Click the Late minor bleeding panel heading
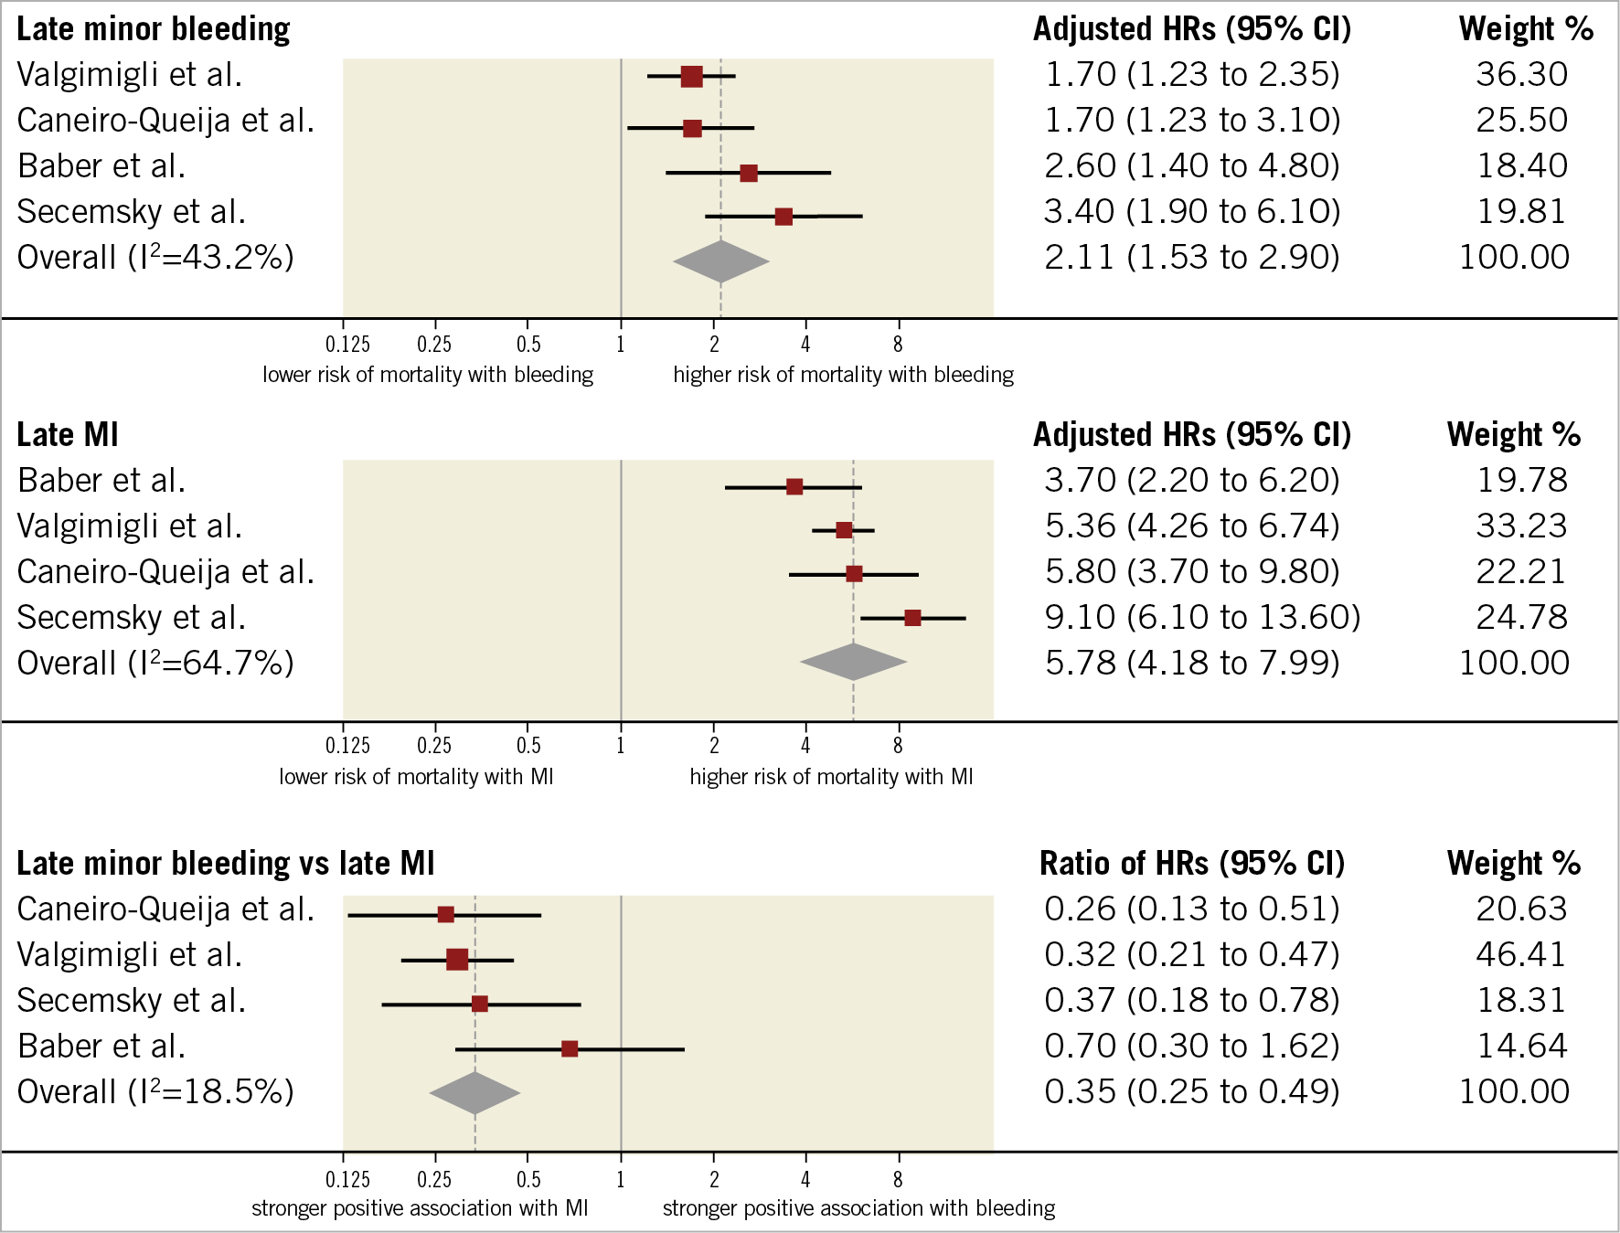point(153,29)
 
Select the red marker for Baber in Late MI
point(794,486)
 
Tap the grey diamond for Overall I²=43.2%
point(721,261)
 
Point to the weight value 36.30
point(1521,74)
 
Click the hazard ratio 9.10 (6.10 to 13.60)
point(1202,617)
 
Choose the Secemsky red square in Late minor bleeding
point(783,217)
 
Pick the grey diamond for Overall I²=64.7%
point(853,662)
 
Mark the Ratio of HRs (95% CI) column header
point(1192,863)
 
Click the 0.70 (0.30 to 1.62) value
point(1192,1046)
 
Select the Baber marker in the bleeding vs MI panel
point(570,1048)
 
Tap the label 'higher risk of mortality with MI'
point(831,777)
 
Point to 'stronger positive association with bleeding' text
point(858,1208)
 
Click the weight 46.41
point(1521,954)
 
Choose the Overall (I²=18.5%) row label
point(155,1091)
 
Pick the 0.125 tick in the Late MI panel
point(347,746)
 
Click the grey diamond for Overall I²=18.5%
point(474,1092)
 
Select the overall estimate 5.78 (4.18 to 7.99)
point(1192,663)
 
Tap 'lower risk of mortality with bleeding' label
point(428,375)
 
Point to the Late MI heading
point(68,435)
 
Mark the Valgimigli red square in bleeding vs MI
point(457,960)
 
